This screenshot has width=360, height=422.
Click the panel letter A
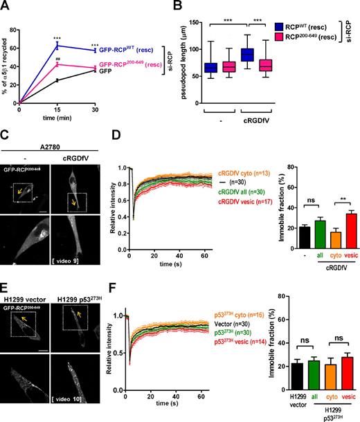6,6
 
